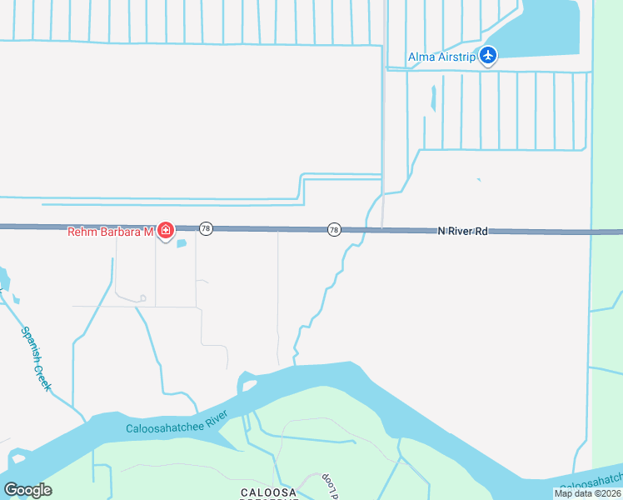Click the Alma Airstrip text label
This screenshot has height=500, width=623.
(x=441, y=57)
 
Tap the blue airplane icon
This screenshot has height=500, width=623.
(x=488, y=56)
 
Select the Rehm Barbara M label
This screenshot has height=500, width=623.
(x=111, y=232)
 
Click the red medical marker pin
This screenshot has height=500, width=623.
(x=166, y=230)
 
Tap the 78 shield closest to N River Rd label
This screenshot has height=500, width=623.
(x=334, y=230)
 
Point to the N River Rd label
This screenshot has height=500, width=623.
(x=462, y=232)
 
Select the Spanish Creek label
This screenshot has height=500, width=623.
(x=36, y=358)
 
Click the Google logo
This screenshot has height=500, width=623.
(x=27, y=490)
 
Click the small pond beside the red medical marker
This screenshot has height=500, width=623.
(x=182, y=243)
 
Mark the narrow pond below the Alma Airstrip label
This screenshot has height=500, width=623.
(x=433, y=99)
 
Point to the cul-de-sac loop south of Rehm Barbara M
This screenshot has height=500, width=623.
(x=142, y=297)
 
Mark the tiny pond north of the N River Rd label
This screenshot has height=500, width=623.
(x=478, y=179)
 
